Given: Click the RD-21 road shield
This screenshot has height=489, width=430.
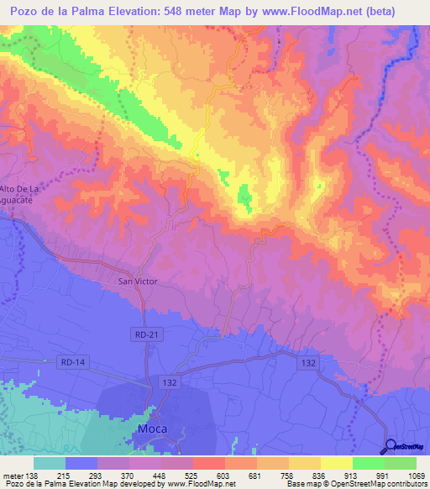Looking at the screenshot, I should (146, 334).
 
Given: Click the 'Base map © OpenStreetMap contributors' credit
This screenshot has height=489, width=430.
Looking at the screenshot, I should (356, 483).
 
